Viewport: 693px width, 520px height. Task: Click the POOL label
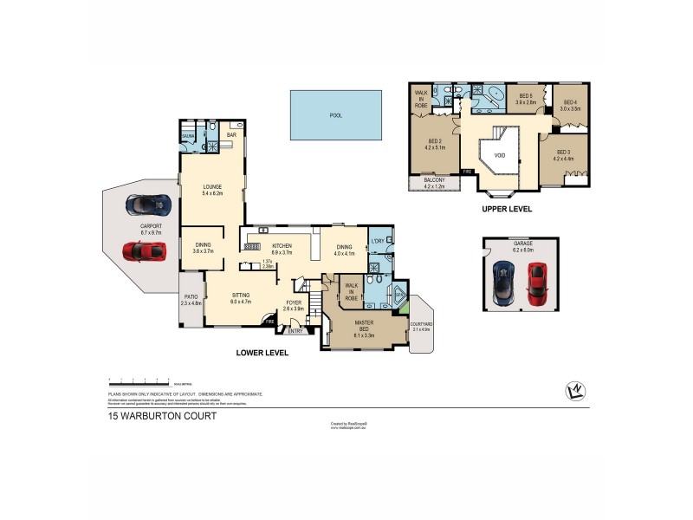click(x=335, y=115)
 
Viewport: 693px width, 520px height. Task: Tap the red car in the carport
click(x=144, y=251)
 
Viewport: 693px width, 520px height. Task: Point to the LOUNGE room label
click(x=213, y=190)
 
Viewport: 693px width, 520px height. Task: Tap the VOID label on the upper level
click(x=499, y=156)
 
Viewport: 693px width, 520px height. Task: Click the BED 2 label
click(x=435, y=144)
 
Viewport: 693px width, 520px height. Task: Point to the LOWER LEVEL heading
click(x=262, y=353)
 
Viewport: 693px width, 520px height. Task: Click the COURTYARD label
click(x=422, y=326)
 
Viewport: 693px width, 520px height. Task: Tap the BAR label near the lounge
click(x=231, y=135)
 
